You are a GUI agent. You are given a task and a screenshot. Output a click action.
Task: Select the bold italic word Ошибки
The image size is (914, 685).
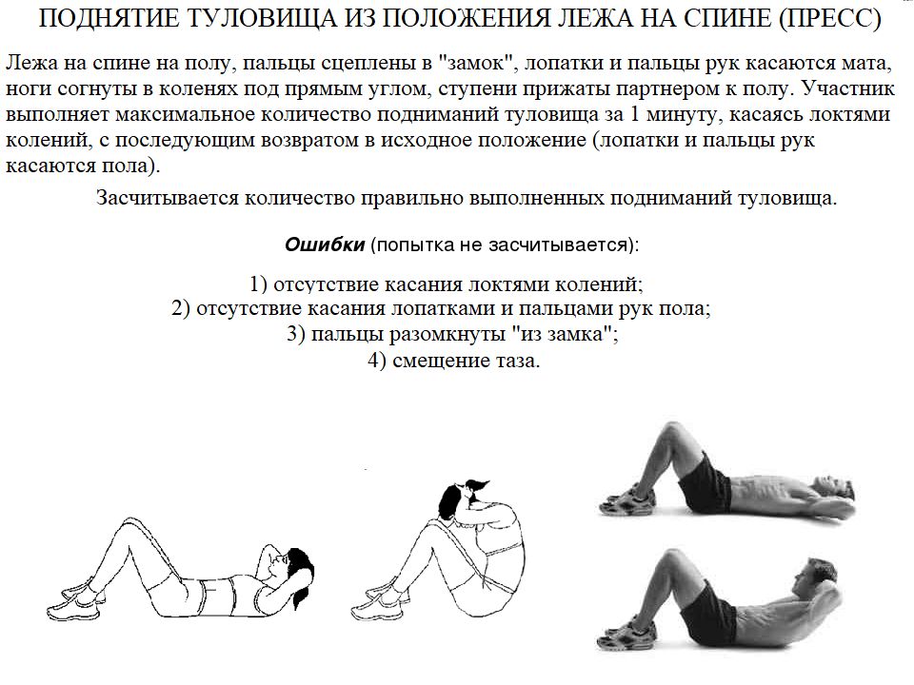[325, 245]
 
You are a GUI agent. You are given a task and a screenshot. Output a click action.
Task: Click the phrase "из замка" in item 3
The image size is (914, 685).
[563, 335]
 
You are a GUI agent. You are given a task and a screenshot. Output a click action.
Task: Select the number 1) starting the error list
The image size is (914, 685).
[260, 284]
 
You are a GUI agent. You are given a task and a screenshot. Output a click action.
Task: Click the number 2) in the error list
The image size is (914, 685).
[182, 309]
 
